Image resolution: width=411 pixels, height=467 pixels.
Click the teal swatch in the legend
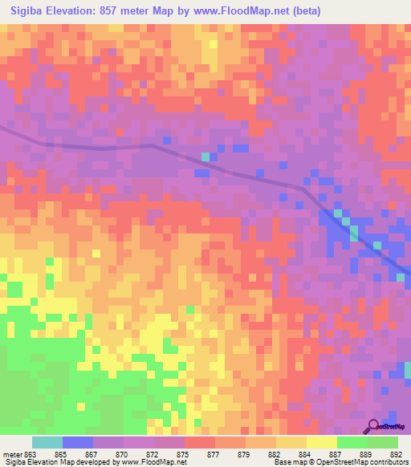(x=47, y=442)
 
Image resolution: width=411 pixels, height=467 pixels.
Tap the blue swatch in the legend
(x=78, y=442)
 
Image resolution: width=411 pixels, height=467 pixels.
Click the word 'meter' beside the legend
(x=13, y=454)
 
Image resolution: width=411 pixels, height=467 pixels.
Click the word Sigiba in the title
(x=24, y=10)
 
